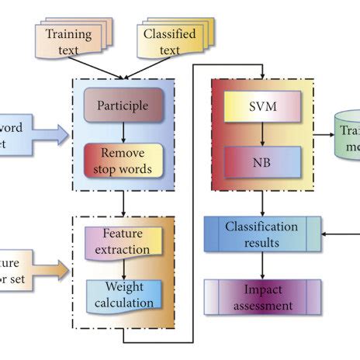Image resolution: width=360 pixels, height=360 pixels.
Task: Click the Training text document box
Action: click(68, 40)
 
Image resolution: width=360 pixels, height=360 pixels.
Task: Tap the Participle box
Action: click(123, 104)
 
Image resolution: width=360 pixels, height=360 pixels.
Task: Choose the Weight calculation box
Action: click(125, 295)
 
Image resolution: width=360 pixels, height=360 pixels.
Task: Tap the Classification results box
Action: click(261, 234)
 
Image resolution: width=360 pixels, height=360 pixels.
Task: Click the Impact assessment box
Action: click(261, 298)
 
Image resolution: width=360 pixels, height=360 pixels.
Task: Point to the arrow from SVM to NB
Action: click(261, 134)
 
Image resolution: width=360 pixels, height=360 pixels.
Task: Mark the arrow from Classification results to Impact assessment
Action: click(261, 266)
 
